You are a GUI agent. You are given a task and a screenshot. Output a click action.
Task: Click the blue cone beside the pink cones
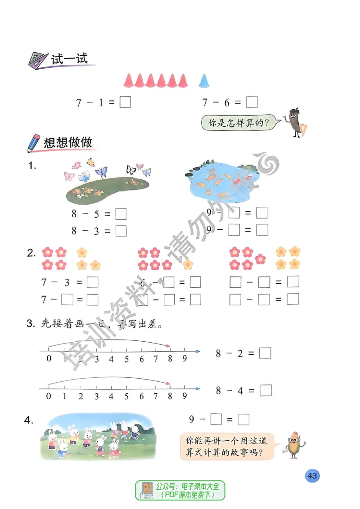pos(204,80)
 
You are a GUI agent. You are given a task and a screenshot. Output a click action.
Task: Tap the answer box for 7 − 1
pos(126,103)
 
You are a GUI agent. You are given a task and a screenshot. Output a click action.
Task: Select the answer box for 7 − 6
pos(252,103)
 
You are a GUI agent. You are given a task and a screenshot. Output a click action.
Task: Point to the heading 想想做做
pos(68,143)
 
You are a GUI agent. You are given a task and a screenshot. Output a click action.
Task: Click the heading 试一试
pos(69,58)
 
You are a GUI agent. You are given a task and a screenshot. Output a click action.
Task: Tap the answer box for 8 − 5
pos(121,214)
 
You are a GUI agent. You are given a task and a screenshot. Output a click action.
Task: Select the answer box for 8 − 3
pos(121,231)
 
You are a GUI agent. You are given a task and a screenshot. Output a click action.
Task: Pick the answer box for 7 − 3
pos(92,282)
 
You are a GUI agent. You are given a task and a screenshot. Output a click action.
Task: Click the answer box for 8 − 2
pos(265,353)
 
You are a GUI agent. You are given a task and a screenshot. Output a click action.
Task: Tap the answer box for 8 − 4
pos(266,390)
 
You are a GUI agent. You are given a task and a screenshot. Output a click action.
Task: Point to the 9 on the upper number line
pos(184,359)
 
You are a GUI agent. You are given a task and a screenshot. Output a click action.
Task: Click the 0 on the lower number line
pos(49,397)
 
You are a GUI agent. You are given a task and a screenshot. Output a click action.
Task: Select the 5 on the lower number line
pos(126,397)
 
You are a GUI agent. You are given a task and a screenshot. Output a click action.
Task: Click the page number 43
pos(312,476)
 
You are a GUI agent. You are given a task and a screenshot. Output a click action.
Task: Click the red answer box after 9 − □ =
pos(243,420)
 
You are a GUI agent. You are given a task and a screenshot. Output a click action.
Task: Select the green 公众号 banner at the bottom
pos(180,490)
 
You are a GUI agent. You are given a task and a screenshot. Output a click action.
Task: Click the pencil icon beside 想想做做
pos(33,143)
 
